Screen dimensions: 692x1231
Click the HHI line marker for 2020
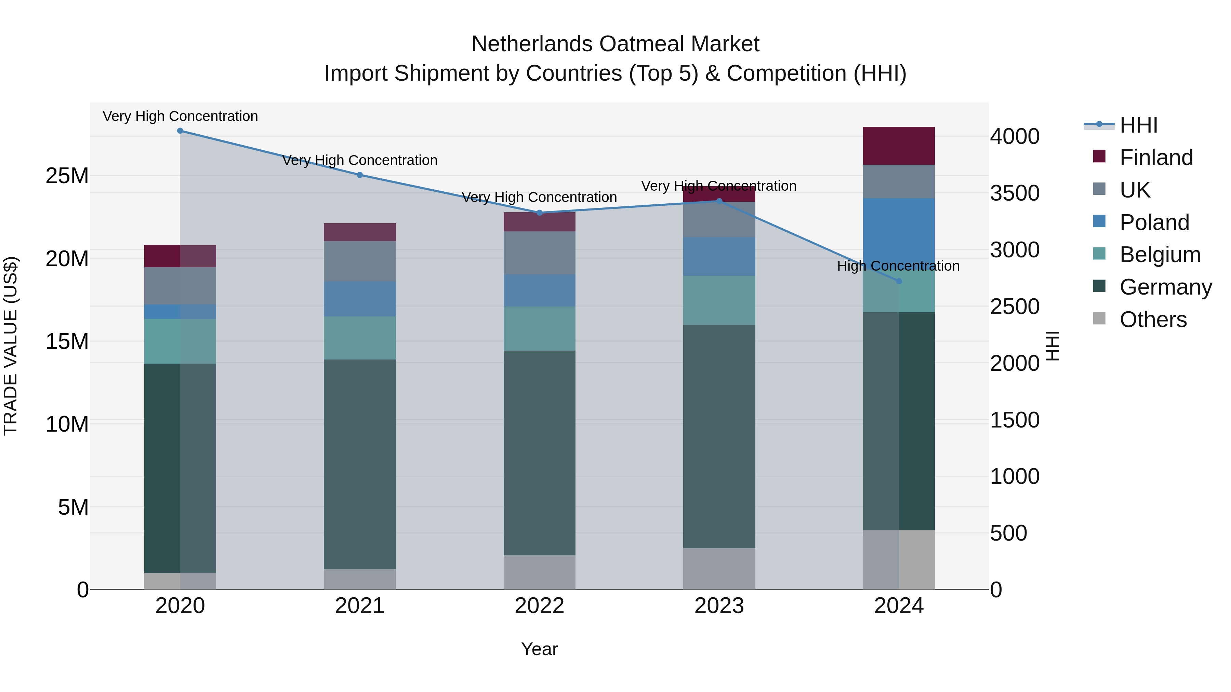pyautogui.click(x=180, y=131)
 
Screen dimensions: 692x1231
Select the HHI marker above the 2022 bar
pyautogui.click(x=540, y=213)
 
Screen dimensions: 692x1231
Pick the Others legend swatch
pyautogui.click(x=1099, y=319)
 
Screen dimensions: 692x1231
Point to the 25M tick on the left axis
pyautogui.click(x=67, y=176)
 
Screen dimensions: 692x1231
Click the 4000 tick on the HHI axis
pyautogui.click(x=1014, y=137)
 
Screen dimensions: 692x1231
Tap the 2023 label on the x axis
pyautogui.click(x=719, y=606)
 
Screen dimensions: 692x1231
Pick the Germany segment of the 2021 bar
pyautogui.click(x=360, y=463)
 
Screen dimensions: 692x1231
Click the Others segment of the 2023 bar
pyautogui.click(x=719, y=568)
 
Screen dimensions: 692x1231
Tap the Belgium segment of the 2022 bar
pyautogui.click(x=540, y=328)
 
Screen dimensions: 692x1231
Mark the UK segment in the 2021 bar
pyautogui.click(x=360, y=261)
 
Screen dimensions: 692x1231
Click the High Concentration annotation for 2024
pyautogui.click(x=898, y=266)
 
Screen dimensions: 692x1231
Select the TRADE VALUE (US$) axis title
pyautogui.click(x=11, y=346)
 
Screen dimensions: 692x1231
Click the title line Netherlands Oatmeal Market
pyautogui.click(x=615, y=44)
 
